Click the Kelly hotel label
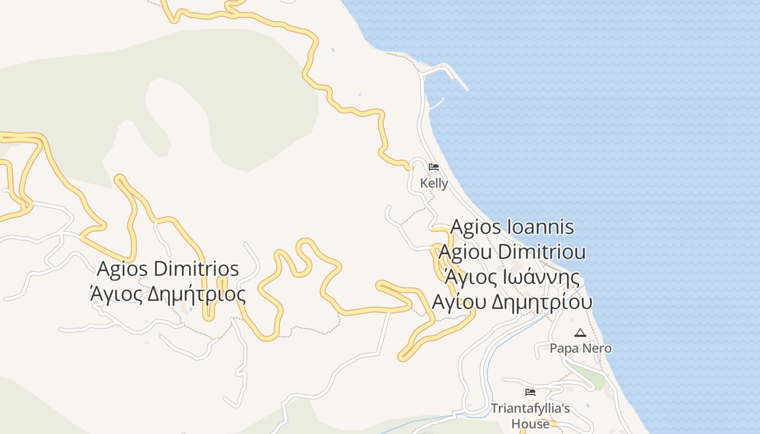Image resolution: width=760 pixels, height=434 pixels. coord(434,183)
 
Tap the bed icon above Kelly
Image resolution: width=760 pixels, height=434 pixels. coord(434,167)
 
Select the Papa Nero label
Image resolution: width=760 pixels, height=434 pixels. coord(580,348)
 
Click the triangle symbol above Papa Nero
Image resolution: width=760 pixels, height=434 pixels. coord(580,333)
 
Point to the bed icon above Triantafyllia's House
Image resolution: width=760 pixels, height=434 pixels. coord(530,392)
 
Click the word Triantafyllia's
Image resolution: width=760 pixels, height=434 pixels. coord(530,408)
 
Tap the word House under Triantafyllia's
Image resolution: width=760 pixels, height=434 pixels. coord(530,423)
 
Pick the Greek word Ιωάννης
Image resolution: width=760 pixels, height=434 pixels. coord(535,277)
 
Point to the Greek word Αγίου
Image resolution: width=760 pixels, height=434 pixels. coord(458,302)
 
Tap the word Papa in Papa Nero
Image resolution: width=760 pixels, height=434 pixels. coord(563,348)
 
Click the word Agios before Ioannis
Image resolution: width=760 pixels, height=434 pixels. coord(476,227)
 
